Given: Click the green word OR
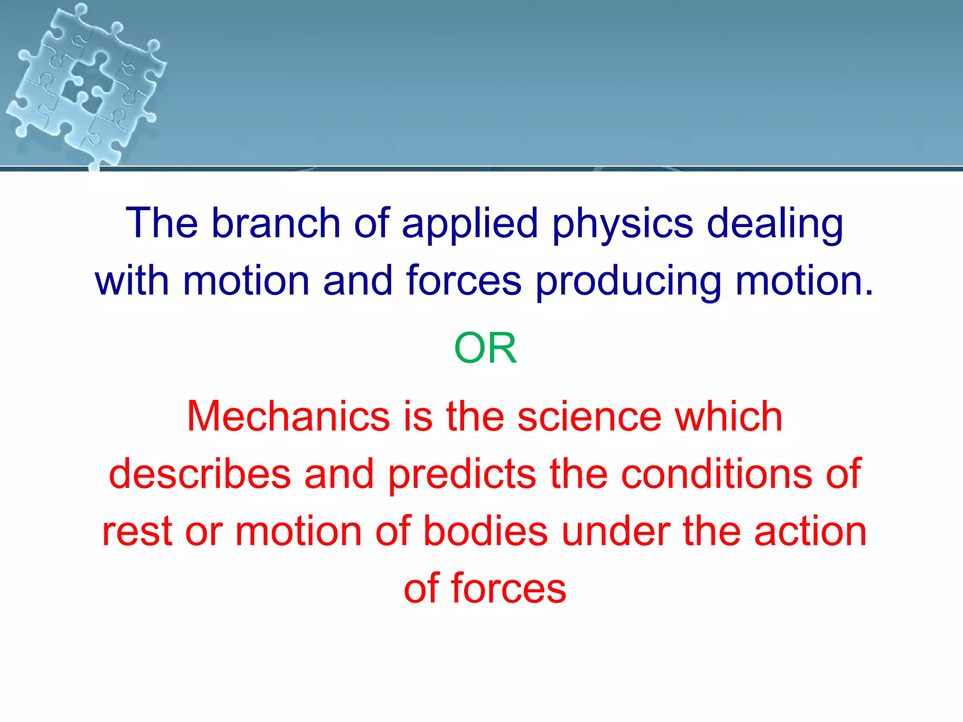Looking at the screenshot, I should pos(485,348).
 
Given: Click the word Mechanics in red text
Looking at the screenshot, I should pos(288,416).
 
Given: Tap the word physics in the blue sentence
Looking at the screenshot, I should pos(623,224).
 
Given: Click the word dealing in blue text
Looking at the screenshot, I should pos(775,224).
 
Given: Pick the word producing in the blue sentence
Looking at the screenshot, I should pos(628,282).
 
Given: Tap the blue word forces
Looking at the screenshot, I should pos(464,281).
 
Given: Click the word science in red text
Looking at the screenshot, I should pos(589,416).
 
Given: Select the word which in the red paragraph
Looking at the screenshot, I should pos(729,416).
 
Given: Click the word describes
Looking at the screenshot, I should pos(200,474).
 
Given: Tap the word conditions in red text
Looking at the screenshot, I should pos(717,474).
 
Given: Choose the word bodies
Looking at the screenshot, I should pos(485,531).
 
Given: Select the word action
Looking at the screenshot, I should pos(810,531).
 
